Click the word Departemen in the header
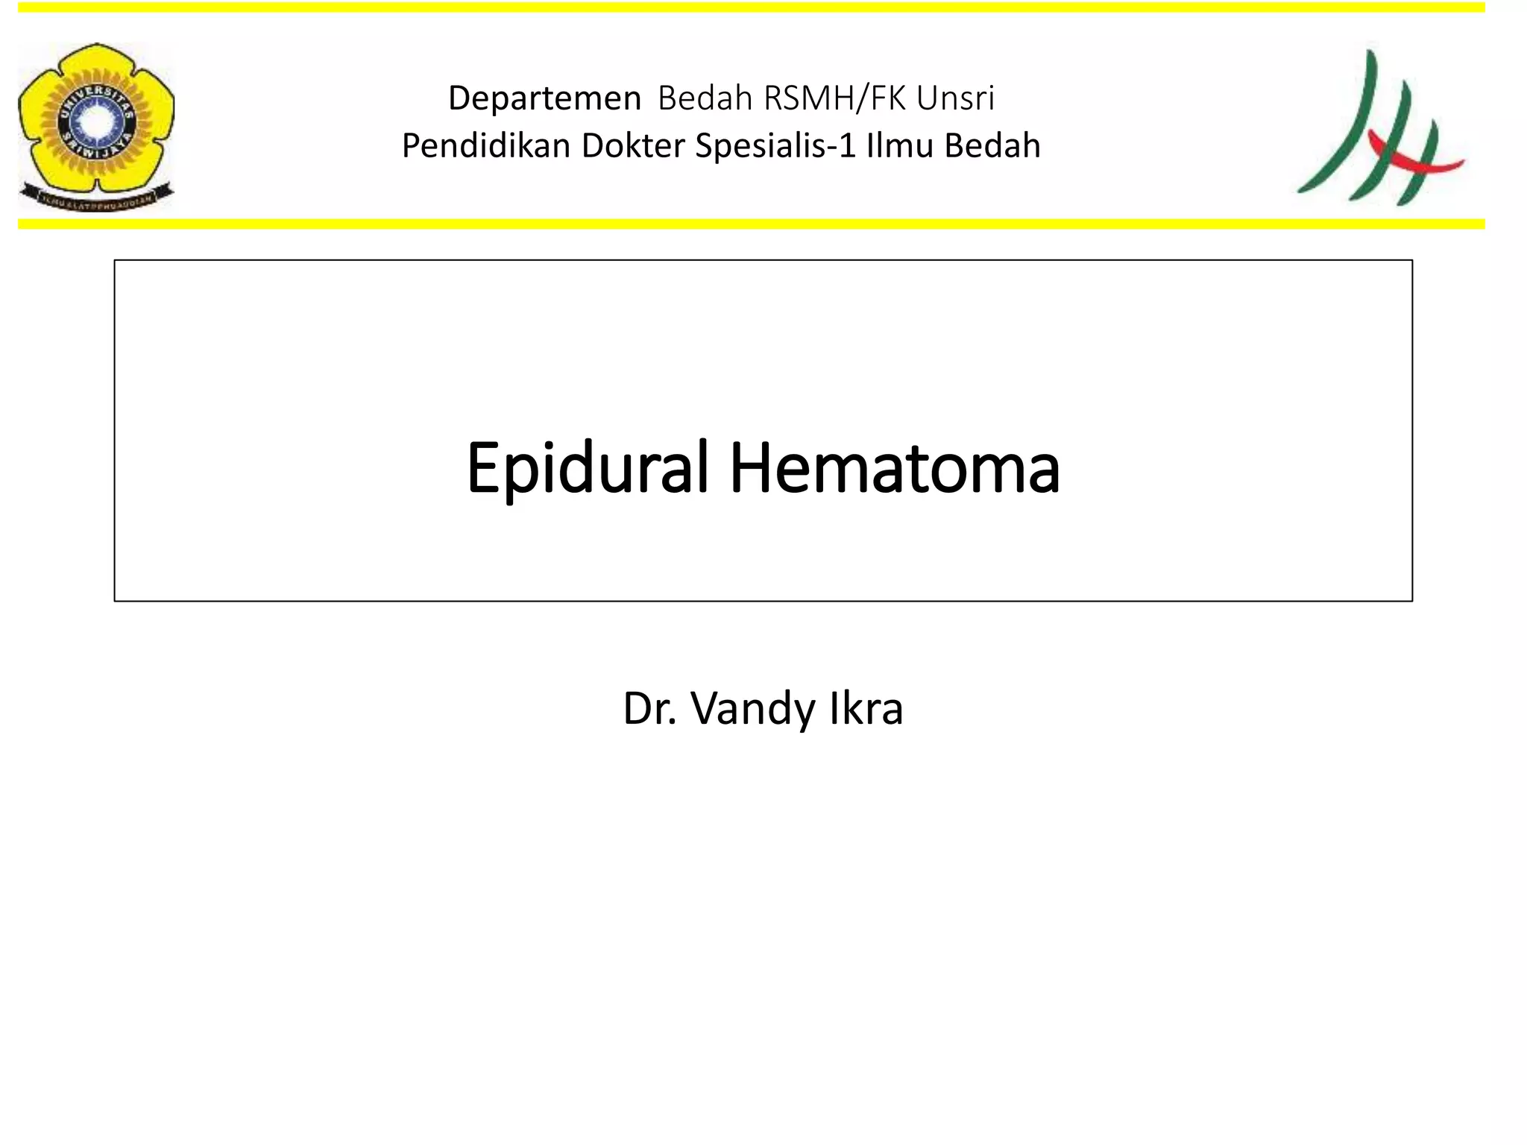pos(544,98)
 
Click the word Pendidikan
pos(486,146)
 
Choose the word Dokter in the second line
pos(633,146)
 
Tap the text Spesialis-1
pos(775,146)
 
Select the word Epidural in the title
pos(587,469)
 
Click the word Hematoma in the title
pos(895,469)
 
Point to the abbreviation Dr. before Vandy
pos(649,709)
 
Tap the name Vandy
pos(753,709)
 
